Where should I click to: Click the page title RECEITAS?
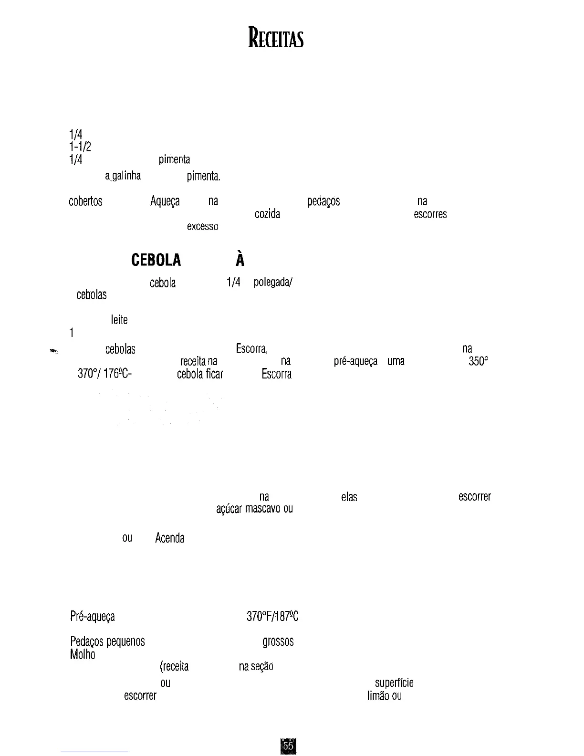pyautogui.click(x=276, y=38)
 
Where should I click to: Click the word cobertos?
pyautogui.click(x=86, y=201)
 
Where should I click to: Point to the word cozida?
pyautogui.click(x=267, y=214)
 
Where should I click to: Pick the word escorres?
pyautogui.click(x=430, y=214)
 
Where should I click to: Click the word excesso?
pyautogui.click(x=203, y=226)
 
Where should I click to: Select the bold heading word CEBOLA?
pyautogui.click(x=156, y=260)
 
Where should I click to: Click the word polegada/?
pyautogui.click(x=273, y=283)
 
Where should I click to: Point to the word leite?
pyautogui.click(x=119, y=320)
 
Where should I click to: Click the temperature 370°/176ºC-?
pyautogui.click(x=105, y=374)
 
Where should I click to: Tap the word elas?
pyautogui.click(x=349, y=497)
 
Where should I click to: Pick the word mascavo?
pyautogui.click(x=262, y=509)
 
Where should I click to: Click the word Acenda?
pyautogui.click(x=170, y=538)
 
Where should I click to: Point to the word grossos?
pyautogui.click(x=278, y=642)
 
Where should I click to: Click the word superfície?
pyautogui.click(x=394, y=683)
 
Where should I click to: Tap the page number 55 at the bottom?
pyautogui.click(x=288, y=745)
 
